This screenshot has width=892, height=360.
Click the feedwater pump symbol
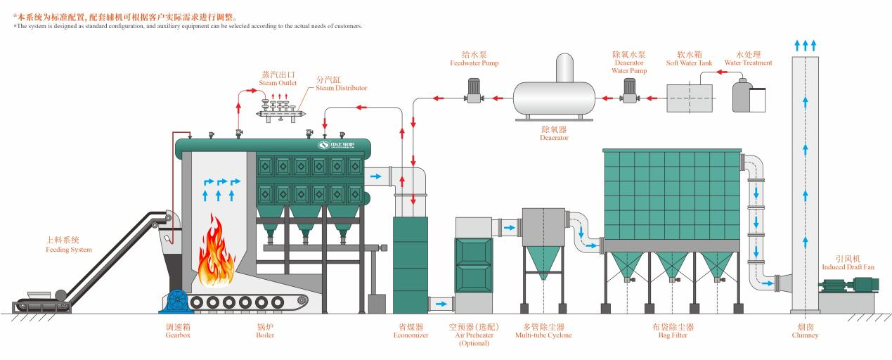click(x=473, y=91)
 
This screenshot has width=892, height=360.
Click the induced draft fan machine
click(x=849, y=285)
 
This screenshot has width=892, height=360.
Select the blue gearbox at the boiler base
click(x=177, y=301)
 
